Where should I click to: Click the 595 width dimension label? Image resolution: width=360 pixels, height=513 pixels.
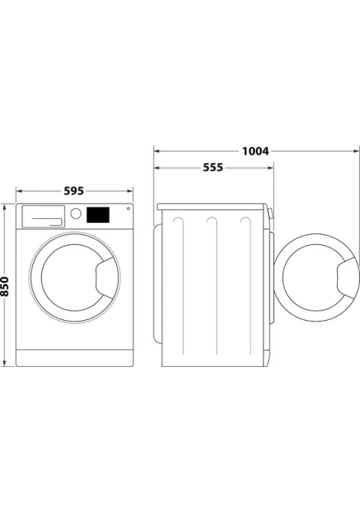[74, 191]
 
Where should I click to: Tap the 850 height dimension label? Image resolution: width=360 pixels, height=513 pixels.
[5, 286]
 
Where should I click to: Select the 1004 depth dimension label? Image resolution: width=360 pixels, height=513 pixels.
[255, 151]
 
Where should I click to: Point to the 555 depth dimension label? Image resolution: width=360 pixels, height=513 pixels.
[213, 168]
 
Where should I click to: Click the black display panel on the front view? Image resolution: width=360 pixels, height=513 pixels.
[98, 215]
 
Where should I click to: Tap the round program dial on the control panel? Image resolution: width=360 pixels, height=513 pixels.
[76, 214]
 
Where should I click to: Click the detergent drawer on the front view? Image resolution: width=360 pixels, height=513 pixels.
[43, 216]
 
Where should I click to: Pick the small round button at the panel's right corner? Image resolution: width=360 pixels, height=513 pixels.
[128, 208]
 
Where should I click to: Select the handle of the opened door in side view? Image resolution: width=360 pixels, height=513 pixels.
[348, 278]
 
